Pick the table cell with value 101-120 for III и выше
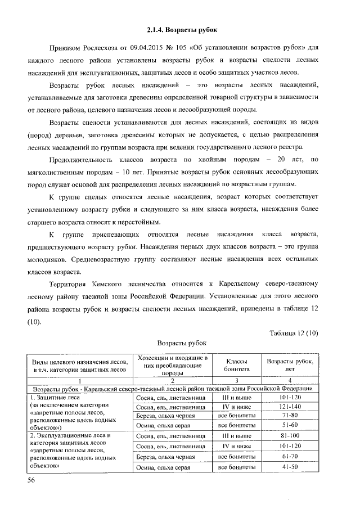pos(290,398)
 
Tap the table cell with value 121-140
pos(290,407)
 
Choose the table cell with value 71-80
pos(290,416)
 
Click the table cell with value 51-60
pos(290,425)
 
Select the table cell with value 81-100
pos(290,435)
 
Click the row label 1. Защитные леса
pos(56,398)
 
